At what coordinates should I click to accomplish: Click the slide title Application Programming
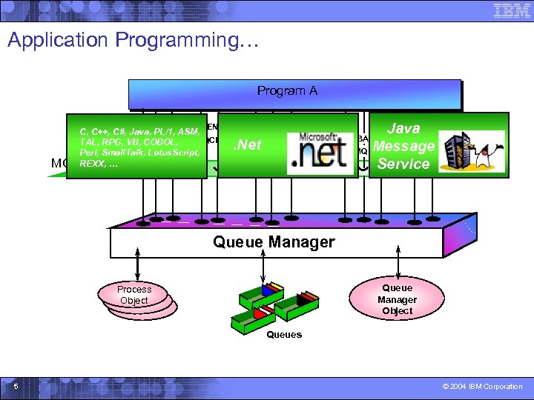133,40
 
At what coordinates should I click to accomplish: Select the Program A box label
287,91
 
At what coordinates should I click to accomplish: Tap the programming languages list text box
136,147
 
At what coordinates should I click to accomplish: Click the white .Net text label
248,144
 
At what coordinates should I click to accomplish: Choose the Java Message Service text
403,146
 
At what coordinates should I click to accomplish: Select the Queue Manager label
274,241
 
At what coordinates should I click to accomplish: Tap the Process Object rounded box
134,295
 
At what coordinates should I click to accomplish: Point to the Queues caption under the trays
284,335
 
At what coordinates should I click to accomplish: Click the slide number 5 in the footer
16,386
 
